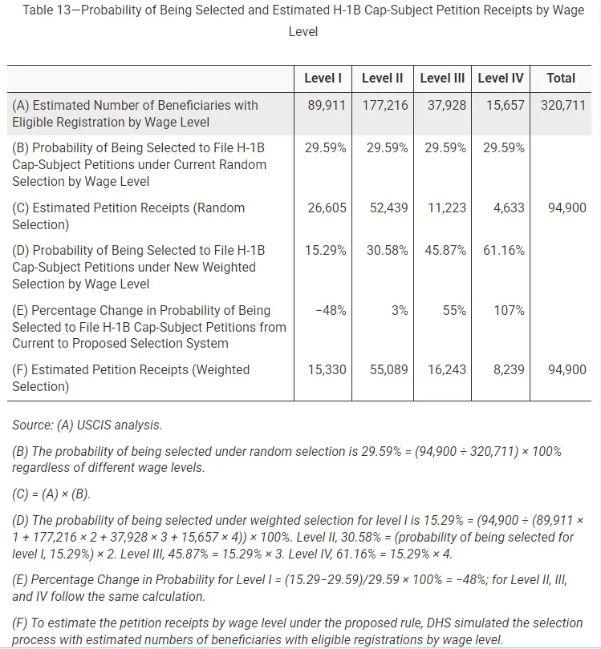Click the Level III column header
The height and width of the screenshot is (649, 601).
[442, 78]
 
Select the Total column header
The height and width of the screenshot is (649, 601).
[560, 78]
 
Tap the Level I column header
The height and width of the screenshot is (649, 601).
[323, 78]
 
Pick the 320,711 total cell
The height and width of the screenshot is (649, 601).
[563, 105]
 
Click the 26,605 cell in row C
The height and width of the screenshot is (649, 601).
[327, 208]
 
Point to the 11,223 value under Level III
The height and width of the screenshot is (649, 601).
[447, 208]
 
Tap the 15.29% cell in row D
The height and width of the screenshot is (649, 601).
[325, 250]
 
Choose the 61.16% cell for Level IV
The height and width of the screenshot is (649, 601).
[503, 250]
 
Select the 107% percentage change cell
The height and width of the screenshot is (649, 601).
[509, 310]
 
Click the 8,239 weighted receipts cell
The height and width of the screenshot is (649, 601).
[508, 369]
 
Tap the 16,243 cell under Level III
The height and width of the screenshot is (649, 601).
[447, 369]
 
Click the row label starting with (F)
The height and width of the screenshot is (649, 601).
[131, 377]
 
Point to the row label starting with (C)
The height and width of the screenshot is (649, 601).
[128, 216]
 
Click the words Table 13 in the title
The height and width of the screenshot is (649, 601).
[51, 10]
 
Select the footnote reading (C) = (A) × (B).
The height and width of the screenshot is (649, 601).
[51, 493]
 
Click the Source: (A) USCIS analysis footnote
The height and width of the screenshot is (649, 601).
[87, 425]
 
